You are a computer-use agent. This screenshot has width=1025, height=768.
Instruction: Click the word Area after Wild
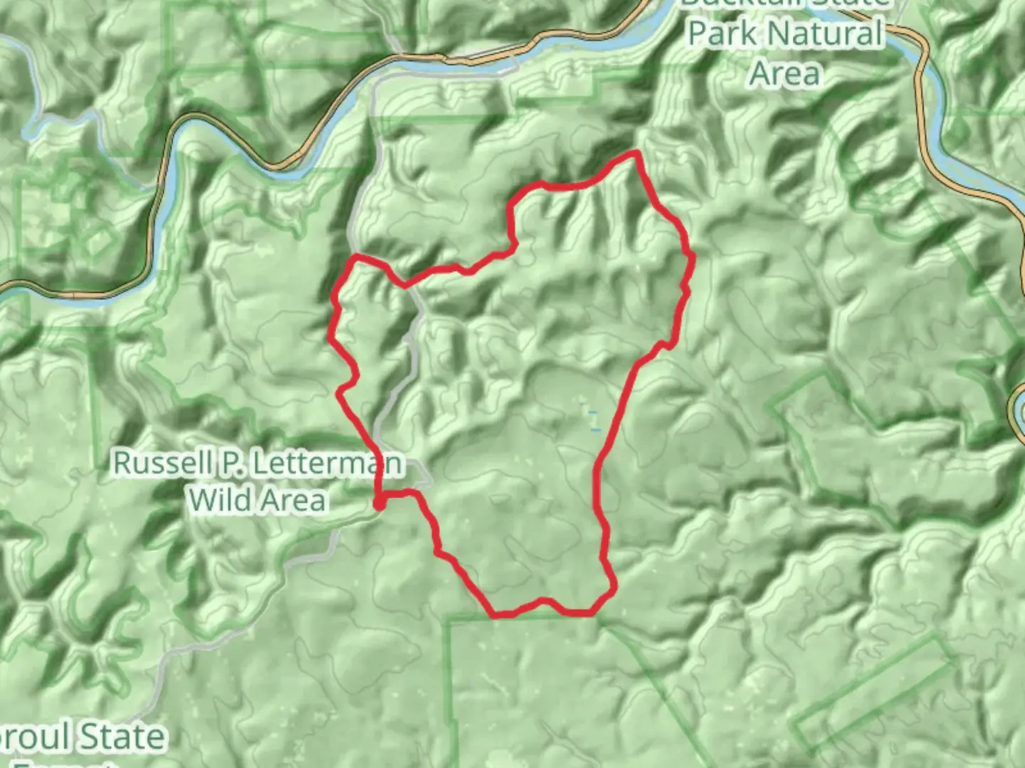pos(292,500)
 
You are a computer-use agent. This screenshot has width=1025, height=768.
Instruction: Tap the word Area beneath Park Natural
pos(784,73)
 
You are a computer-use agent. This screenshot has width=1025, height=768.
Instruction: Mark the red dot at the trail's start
pos(379,503)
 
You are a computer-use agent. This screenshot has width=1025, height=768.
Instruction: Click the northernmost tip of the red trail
pos(636,152)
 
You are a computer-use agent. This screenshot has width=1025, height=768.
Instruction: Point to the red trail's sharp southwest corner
pos(493,614)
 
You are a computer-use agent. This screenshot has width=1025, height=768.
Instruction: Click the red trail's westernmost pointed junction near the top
pos(355,256)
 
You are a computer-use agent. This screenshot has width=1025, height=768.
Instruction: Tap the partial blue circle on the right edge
pos(1018,407)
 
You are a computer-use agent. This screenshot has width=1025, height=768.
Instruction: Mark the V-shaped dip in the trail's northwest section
pos(405,285)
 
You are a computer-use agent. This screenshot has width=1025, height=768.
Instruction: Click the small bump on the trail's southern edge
pos(545,601)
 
